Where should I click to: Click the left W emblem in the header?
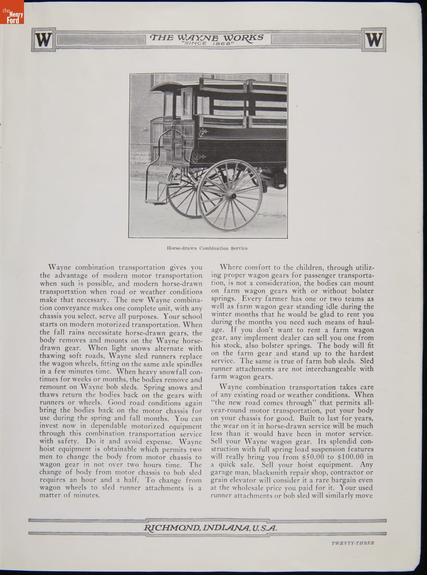(43, 39)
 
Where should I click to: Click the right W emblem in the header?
(374, 39)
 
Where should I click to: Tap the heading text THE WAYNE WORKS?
(207, 37)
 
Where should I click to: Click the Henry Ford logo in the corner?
(12, 12)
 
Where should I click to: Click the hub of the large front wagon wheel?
(231, 195)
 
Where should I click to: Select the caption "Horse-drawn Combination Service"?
(207, 248)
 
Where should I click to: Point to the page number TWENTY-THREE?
(353, 543)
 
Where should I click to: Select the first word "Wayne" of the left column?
(59, 267)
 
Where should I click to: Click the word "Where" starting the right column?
(231, 267)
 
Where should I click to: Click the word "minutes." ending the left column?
(84, 495)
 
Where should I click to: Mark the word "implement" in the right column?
(270, 337)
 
